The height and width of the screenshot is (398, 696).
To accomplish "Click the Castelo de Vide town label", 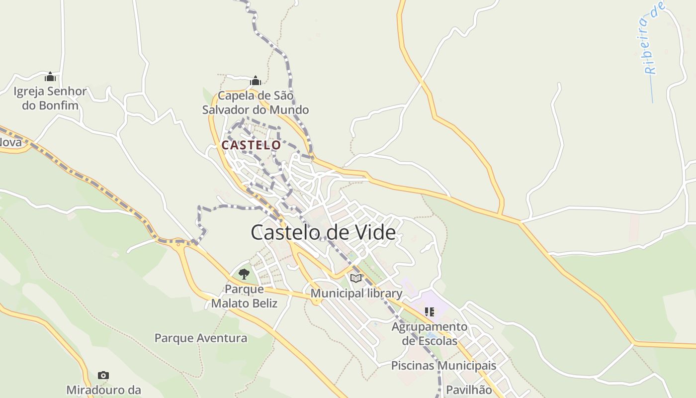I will pos(323,232).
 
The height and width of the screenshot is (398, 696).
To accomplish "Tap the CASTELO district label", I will pos(251,145).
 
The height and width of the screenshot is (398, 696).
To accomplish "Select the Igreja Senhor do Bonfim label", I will pos(50,98).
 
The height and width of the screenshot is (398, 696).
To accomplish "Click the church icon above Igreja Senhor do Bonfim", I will pos(50,77).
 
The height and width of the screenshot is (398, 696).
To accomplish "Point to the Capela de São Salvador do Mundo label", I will pos(256,102).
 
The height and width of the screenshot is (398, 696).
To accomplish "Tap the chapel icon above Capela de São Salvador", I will pos(256,80).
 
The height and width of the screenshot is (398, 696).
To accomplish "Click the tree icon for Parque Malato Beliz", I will pos(244,274).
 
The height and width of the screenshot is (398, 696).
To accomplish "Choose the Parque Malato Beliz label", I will pos(244,296).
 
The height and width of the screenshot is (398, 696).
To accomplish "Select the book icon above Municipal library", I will pos(356,278).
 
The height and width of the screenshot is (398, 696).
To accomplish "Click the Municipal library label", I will pos(356,294).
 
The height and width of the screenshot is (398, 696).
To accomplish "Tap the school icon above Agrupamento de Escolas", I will pos(429,312).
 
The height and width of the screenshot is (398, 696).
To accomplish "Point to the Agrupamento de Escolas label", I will pos(430,334).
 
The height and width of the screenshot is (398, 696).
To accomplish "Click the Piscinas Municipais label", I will pos(443,366).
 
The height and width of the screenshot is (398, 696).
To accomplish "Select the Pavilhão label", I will pos(469,390).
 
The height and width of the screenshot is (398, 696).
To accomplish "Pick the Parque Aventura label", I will pos(201,338).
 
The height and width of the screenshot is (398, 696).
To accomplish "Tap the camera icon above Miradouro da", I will pos(103,375).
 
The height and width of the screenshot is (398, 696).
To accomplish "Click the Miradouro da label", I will pos(103,390).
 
